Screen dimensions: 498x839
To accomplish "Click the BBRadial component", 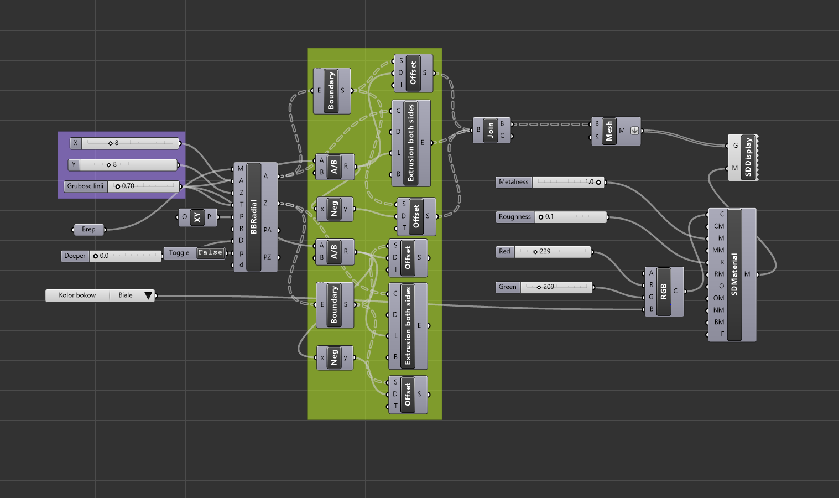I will tap(254, 217).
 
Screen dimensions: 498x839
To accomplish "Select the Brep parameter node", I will tap(88, 229).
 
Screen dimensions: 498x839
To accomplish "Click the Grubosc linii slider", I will tap(144, 186).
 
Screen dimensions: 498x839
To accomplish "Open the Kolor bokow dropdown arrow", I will tap(148, 295).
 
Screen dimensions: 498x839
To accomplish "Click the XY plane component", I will tap(197, 217).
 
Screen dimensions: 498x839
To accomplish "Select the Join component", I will tap(491, 130).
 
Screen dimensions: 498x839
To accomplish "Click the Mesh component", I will tap(609, 131).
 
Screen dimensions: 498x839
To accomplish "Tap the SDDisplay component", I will tap(748, 157).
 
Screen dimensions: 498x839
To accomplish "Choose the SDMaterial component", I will tap(734, 274).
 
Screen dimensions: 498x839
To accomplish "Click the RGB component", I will tap(664, 292).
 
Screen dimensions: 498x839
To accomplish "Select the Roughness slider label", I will tap(515, 217).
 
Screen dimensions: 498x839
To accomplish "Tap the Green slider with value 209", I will tap(555, 287).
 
